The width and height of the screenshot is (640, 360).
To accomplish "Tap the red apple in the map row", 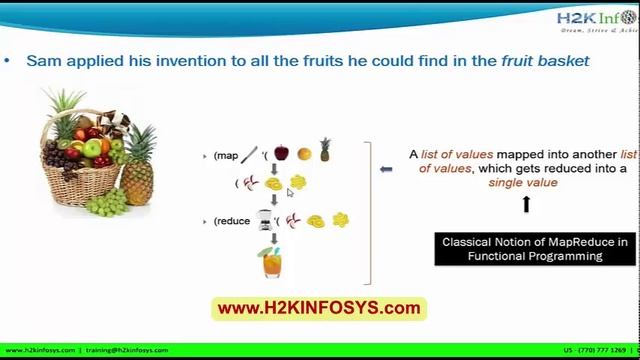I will [x=281, y=153].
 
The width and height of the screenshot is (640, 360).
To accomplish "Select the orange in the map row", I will [x=304, y=154].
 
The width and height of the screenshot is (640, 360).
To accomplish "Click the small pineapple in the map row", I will [x=325, y=150].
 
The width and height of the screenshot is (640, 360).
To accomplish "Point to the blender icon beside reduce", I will [x=265, y=220].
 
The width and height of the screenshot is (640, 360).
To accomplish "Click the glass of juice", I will [x=272, y=262].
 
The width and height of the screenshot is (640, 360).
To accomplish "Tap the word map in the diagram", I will [x=226, y=156].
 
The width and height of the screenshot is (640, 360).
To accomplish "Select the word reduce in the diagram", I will [x=233, y=221].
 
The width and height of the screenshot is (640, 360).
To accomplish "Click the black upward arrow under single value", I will [x=526, y=204].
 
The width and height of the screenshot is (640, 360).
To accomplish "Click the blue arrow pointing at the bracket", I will [x=387, y=169].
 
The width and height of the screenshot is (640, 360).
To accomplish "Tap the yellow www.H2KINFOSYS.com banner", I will [x=319, y=308].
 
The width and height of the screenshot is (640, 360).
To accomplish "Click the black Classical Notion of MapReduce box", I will [x=535, y=248].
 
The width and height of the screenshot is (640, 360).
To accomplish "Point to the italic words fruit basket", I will [x=545, y=61].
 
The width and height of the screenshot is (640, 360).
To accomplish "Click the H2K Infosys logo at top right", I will [x=598, y=22].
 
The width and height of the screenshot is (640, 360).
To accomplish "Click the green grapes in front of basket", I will [x=108, y=200].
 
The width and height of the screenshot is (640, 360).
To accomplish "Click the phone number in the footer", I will [x=597, y=351].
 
